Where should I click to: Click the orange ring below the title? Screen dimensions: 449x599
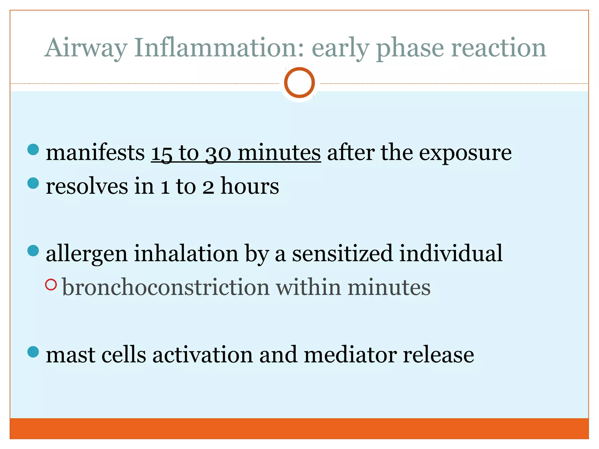(x=299, y=82)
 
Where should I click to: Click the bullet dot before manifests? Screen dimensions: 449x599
(x=33, y=149)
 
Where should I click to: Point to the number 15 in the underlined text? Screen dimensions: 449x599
(x=161, y=153)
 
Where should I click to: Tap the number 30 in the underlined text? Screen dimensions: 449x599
(x=218, y=153)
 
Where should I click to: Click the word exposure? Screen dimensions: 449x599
(x=465, y=153)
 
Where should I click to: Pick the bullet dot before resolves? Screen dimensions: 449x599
(x=33, y=183)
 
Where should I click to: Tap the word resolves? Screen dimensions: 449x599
(x=87, y=186)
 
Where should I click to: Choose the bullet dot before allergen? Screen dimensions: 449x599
(x=33, y=251)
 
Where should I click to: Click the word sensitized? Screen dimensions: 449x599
(x=342, y=253)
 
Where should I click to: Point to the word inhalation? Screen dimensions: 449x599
(x=186, y=253)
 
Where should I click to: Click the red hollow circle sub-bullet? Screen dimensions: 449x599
(x=51, y=285)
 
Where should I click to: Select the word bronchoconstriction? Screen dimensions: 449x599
(x=166, y=287)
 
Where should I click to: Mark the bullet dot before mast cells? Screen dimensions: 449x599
(x=33, y=352)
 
